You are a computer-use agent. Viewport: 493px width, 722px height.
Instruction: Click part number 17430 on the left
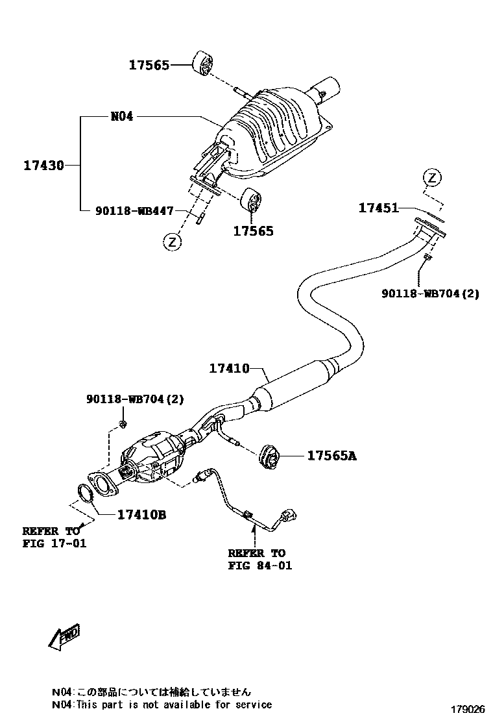pos(44,165)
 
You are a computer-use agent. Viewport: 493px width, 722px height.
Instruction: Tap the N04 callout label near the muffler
pos(121,117)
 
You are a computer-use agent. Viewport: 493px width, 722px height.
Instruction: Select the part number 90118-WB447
pos(134,210)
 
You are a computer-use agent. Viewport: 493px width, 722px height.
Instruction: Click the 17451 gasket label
pos(378,208)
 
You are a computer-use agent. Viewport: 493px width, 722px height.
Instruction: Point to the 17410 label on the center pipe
pos(229,368)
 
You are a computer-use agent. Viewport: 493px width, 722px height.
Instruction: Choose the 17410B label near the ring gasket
pos(142,515)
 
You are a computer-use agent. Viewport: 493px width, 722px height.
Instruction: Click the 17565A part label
pos(331,456)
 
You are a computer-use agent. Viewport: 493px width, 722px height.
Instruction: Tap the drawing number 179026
pos(468,708)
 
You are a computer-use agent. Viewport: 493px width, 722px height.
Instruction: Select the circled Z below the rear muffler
pos(171,242)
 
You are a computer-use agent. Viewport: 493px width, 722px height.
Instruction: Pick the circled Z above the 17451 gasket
pos(432,177)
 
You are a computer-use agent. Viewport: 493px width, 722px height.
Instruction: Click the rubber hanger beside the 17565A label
pos(269,456)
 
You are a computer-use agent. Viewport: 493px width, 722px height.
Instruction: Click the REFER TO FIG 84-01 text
pos(258,559)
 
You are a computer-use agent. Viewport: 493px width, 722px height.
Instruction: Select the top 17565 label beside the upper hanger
pos(149,64)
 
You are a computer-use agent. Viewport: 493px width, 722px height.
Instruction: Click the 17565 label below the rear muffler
pos(254,230)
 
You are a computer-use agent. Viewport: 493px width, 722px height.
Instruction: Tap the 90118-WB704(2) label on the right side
pos(431,293)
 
